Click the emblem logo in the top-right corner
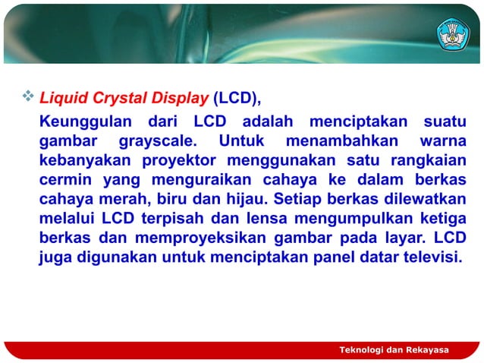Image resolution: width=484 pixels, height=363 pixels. (x=453, y=33)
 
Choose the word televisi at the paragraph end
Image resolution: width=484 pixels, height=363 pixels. (x=429, y=257)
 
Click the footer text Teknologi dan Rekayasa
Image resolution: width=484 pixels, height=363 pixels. (x=394, y=349)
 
